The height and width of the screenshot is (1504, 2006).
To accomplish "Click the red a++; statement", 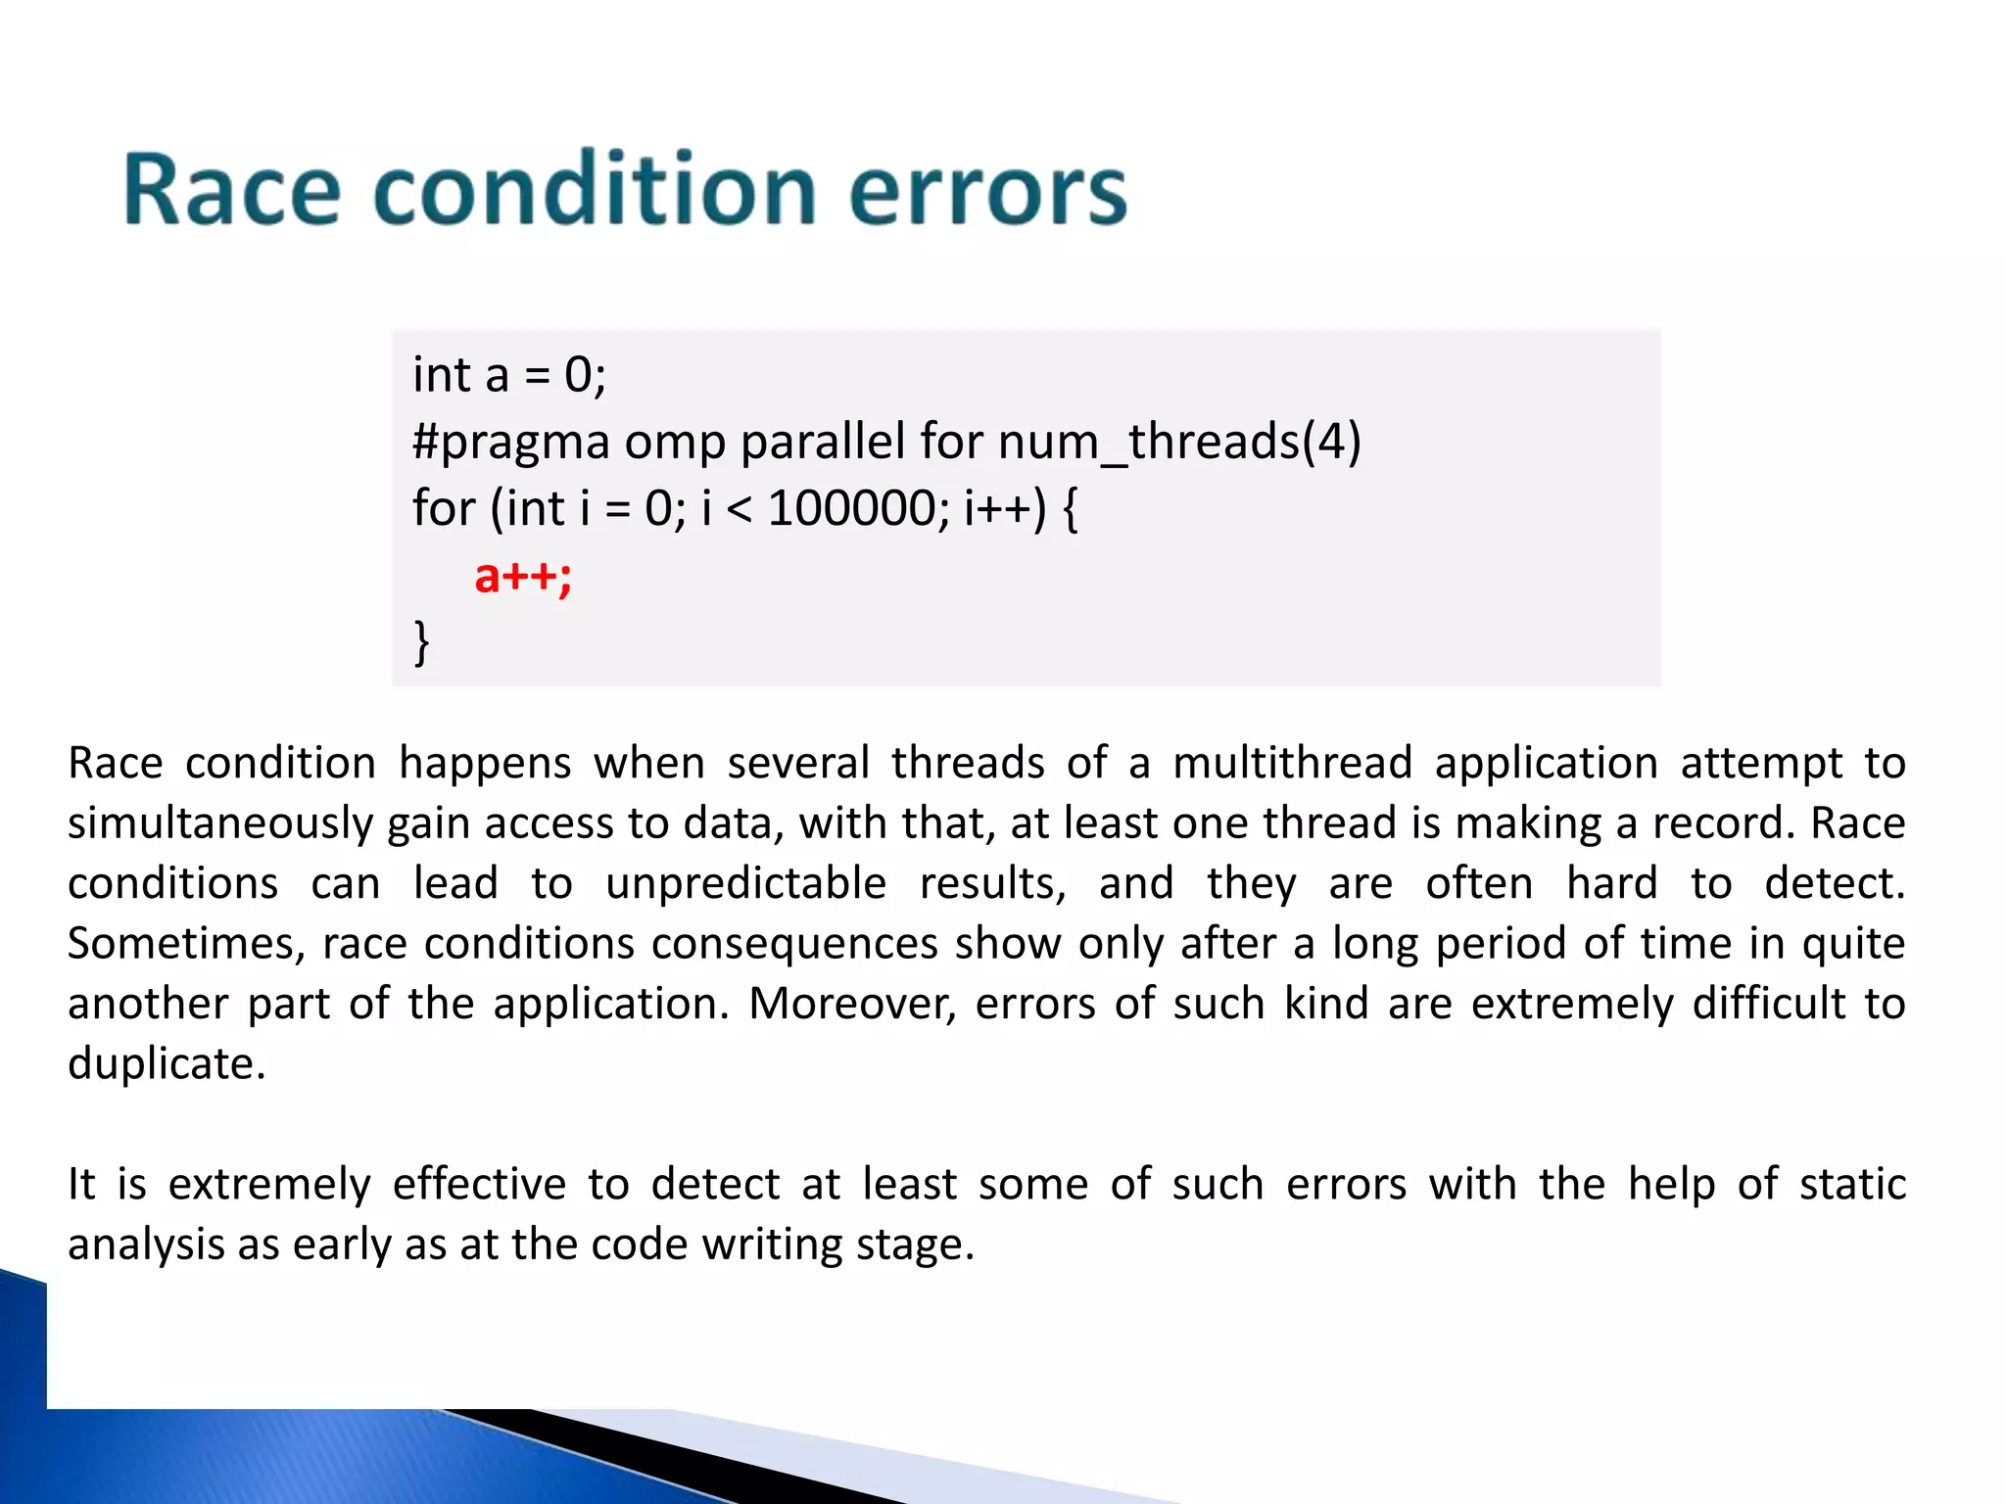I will coord(522,576).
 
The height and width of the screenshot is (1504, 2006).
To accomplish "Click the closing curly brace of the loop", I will coord(421,642).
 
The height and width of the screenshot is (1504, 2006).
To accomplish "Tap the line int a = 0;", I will coord(509,375).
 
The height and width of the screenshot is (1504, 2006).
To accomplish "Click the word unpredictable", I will coord(745,884).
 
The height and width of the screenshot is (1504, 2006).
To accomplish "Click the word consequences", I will coord(794,944).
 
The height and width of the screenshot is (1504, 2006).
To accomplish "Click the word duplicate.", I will coord(165,1064).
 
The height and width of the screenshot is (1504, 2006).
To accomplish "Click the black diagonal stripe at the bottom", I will coord(686,1459).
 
